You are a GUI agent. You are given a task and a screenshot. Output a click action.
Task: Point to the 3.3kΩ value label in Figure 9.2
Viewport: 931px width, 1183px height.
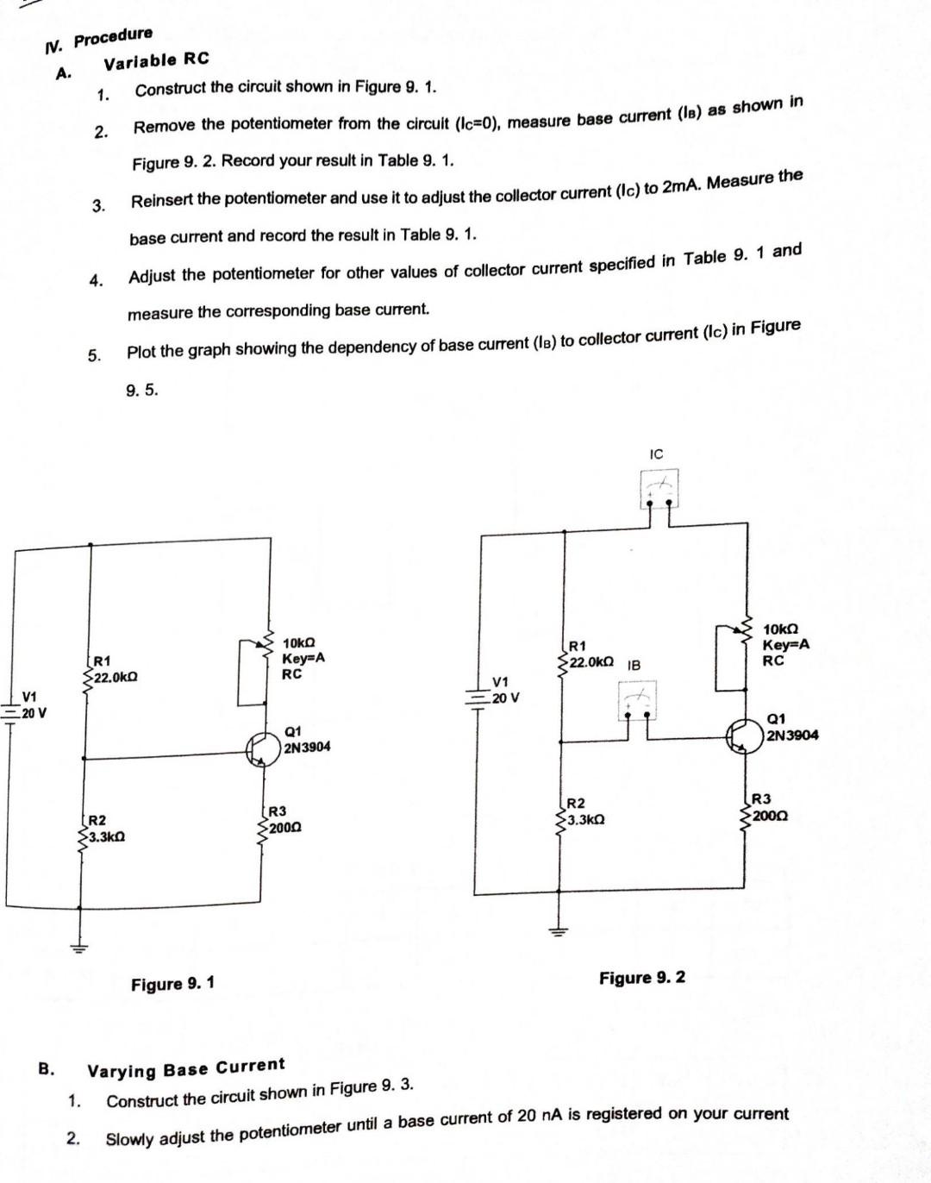[585, 820]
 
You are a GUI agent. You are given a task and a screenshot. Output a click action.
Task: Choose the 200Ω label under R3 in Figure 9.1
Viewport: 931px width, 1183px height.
[284, 828]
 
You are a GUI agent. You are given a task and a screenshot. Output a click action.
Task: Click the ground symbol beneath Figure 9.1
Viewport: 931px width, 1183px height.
[79, 948]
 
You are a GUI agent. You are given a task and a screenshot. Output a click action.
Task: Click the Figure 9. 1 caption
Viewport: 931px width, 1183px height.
[173, 984]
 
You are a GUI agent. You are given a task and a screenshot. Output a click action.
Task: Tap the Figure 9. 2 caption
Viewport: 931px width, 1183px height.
[642, 977]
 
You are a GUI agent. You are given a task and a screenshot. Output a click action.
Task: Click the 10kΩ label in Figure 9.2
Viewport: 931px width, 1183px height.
[781, 630]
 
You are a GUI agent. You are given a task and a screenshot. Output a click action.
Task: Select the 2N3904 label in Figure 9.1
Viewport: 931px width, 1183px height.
[306, 748]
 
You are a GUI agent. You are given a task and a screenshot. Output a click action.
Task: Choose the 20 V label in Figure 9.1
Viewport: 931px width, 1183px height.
[34, 714]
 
